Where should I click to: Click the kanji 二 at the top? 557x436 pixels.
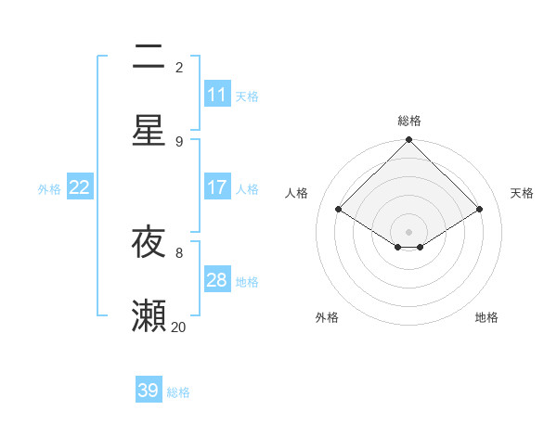click(x=149, y=58)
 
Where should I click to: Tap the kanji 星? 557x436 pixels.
click(x=149, y=130)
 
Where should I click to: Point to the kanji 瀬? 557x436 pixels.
click(x=149, y=315)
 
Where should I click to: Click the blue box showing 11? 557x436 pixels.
click(x=217, y=95)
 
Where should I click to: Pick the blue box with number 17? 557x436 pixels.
click(x=217, y=187)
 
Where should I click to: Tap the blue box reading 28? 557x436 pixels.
click(x=217, y=280)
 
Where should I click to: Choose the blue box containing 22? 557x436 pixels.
click(x=80, y=187)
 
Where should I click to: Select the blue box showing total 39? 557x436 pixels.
click(x=149, y=391)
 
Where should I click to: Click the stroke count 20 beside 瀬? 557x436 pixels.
click(x=178, y=327)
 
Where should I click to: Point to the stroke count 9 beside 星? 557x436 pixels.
click(x=179, y=141)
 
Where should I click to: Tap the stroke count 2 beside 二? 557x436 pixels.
click(x=179, y=67)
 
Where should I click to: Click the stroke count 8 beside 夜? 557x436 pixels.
click(x=179, y=251)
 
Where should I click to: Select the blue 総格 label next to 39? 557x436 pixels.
click(x=178, y=392)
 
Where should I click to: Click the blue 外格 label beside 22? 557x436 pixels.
click(x=49, y=188)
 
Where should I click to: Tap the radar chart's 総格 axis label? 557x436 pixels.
click(x=409, y=121)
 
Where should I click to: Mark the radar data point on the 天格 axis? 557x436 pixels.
click(x=479, y=210)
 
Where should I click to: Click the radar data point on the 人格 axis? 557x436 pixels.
click(x=339, y=210)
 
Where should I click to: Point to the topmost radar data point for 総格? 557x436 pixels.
click(x=409, y=141)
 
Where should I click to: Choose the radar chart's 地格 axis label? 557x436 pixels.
click(x=486, y=317)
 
